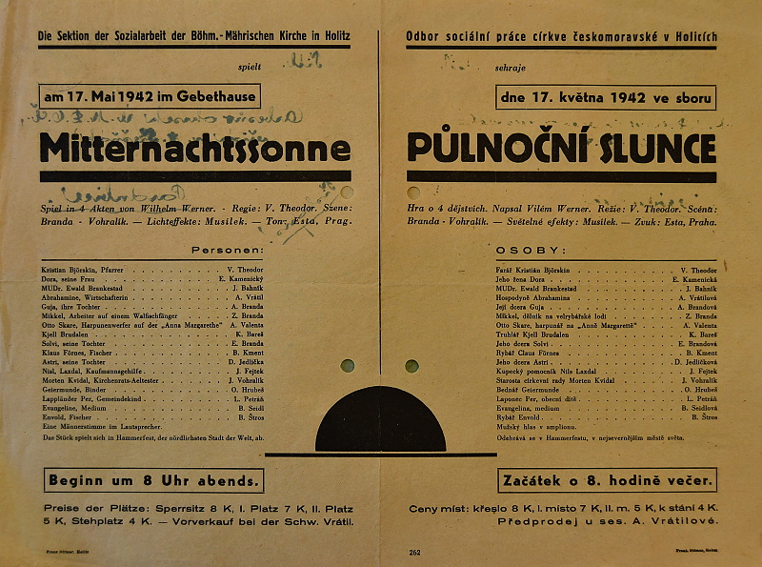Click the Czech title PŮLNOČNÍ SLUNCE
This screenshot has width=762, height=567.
pos(561,148)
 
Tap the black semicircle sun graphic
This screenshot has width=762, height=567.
pos(381,422)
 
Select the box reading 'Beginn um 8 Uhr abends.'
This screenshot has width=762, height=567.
pos(153,479)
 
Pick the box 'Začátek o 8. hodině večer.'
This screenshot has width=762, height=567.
pos(607,479)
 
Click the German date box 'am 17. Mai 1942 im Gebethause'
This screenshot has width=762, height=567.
pos(150,96)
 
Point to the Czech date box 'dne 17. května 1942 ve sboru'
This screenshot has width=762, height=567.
pos(605,97)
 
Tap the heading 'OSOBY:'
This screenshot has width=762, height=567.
pos(519,250)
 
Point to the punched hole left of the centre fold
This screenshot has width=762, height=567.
pos(347,365)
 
